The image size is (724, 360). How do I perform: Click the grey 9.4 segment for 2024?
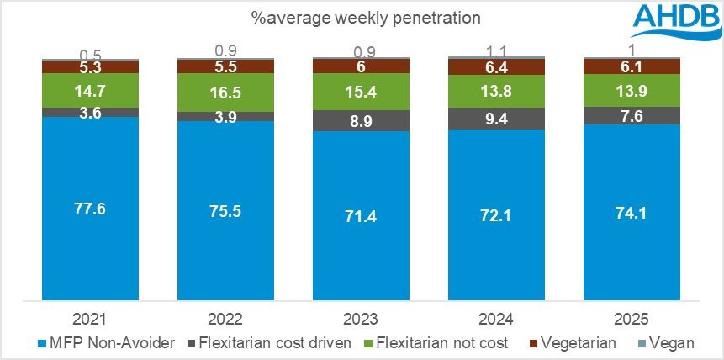[497, 119]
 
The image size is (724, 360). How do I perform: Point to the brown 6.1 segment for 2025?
[632, 66]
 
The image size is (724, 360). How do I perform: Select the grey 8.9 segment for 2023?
[362, 120]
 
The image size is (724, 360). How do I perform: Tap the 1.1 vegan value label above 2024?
[497, 49]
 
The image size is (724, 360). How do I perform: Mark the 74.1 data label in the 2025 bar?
[632, 210]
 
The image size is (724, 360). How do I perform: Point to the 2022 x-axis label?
[226, 319]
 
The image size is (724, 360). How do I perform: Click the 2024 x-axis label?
[497, 319]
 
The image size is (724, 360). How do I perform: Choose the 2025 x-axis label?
[632, 319]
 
